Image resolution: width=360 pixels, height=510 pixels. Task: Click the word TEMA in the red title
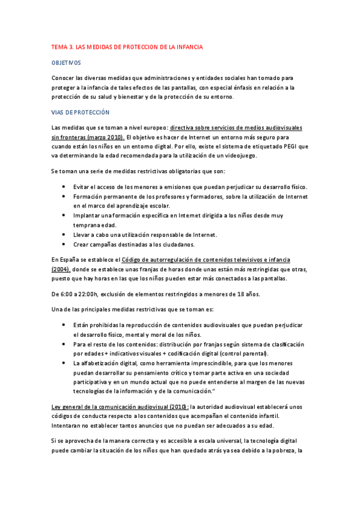click(x=60, y=46)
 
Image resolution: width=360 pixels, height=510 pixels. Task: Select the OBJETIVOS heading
click(x=66, y=63)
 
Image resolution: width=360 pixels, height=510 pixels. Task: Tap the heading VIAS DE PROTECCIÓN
click(x=81, y=112)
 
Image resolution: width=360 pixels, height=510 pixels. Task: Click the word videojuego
click(x=238, y=155)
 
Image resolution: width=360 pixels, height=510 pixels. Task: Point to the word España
click(x=71, y=260)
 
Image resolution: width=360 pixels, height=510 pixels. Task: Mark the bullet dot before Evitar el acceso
click(x=64, y=187)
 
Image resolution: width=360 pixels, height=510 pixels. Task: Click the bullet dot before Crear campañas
click(x=64, y=244)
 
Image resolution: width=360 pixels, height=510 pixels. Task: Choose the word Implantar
click(x=87, y=215)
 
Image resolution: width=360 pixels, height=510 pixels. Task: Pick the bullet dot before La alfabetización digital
click(x=64, y=363)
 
